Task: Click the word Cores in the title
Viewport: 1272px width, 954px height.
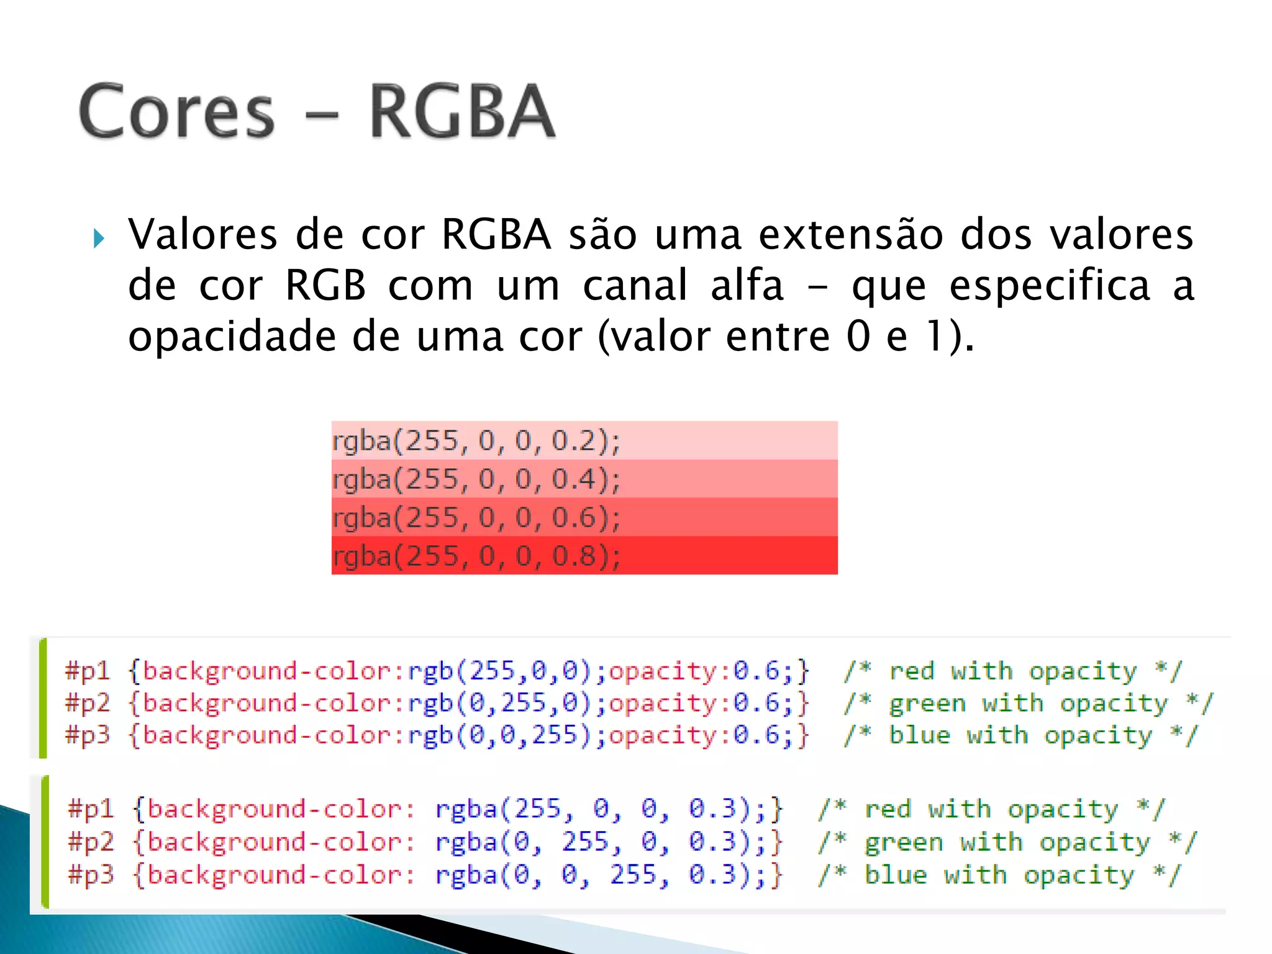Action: coord(177,112)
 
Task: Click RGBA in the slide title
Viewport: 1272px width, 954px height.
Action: coord(461,112)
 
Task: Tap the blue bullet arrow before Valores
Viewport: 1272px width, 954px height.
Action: coord(98,238)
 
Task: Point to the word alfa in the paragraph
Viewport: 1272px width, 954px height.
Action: coord(747,286)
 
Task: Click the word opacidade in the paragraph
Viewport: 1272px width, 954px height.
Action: coord(232,337)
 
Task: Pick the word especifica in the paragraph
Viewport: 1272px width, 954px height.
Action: coord(1050,286)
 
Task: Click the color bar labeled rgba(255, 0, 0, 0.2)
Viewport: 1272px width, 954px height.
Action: coord(584,440)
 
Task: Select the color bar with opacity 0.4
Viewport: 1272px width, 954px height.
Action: coord(584,479)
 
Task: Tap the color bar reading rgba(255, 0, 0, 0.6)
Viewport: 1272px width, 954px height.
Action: coord(584,517)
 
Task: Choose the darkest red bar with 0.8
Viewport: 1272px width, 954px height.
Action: coord(584,556)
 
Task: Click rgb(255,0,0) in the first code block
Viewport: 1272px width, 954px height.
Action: coord(499,671)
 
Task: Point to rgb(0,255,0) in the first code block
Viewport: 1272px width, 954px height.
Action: coord(499,704)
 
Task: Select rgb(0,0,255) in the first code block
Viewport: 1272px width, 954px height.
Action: coord(499,736)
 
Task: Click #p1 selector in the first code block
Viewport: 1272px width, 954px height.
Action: coord(88,671)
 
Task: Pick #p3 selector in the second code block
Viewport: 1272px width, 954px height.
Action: coord(91,875)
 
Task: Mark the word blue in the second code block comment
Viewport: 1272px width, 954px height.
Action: coord(896,875)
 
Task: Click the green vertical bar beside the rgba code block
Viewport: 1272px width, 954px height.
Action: coord(44,842)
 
